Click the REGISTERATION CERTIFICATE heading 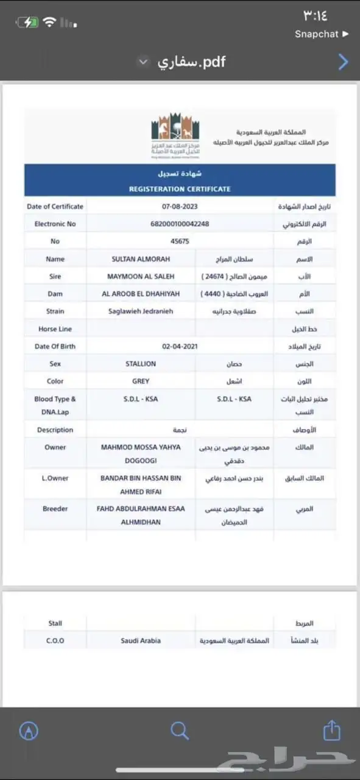click(x=180, y=189)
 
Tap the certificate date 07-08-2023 click(x=180, y=207)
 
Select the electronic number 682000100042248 click(x=180, y=224)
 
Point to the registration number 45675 click(x=180, y=241)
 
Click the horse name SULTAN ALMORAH click(x=141, y=259)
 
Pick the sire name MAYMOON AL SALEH click(x=141, y=277)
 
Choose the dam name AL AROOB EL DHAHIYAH click(x=141, y=294)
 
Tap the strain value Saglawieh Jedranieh click(x=141, y=311)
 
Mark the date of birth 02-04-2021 click(x=180, y=346)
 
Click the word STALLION click(x=141, y=364)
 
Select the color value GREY click(x=141, y=381)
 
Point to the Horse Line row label click(x=55, y=329)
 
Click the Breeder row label click(x=55, y=509)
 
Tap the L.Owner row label click(x=55, y=478)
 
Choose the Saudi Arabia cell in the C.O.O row click(x=141, y=641)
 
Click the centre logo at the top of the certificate click(x=175, y=135)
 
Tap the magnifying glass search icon click(x=180, y=731)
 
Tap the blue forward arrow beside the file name click(x=343, y=62)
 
